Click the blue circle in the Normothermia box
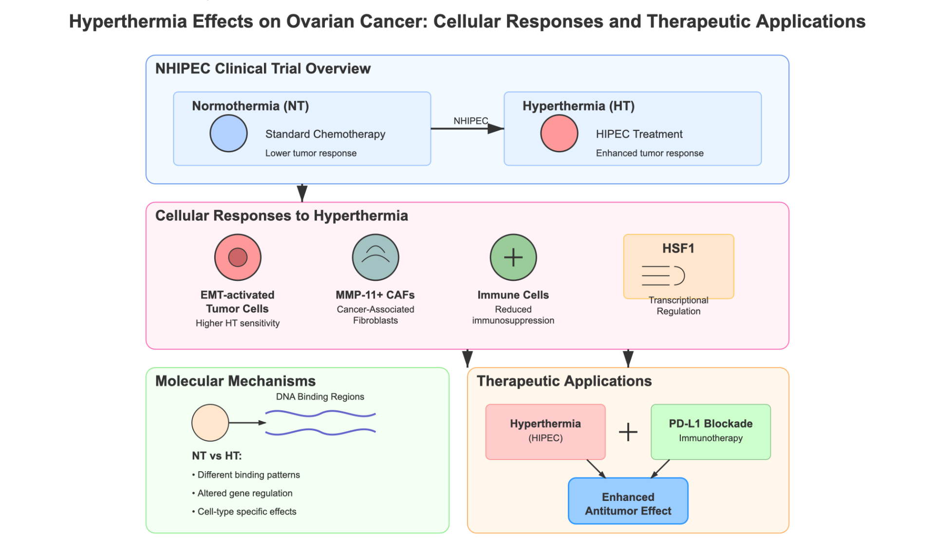coord(228,133)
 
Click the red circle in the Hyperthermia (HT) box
coord(559,133)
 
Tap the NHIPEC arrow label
coord(470,121)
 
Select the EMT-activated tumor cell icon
coord(238,257)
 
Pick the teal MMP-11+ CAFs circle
coord(375,257)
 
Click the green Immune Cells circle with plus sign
coord(513,257)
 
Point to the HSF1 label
coord(678,248)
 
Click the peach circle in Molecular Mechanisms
coord(210,422)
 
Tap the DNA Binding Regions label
coord(320,397)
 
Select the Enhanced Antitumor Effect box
coord(628,501)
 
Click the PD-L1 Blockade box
coord(711,432)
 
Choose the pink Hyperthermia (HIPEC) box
coord(545,432)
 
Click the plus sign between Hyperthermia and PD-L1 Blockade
coord(628,432)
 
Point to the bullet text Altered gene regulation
coord(244,493)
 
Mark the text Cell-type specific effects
coord(246,512)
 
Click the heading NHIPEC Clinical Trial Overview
coord(263,69)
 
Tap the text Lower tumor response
coord(311,153)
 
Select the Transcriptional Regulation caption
coord(678,306)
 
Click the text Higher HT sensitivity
coord(238,323)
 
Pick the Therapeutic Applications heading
coord(564,381)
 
